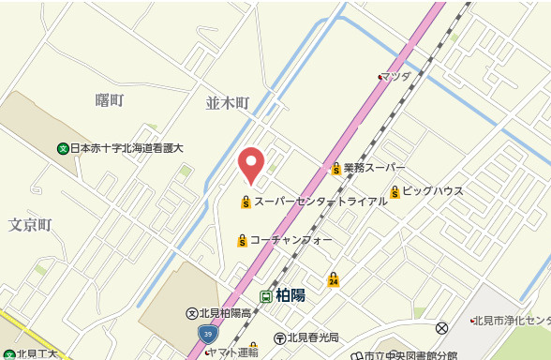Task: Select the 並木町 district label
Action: (228, 103)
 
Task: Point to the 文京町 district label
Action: (29, 225)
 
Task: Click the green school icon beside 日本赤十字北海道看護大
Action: (63, 148)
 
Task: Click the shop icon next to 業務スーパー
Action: (335, 169)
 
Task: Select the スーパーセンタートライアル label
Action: (319, 201)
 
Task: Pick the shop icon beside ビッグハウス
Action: (395, 192)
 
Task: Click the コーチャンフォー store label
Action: (290, 240)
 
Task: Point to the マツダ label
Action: (396, 77)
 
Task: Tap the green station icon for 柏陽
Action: (267, 295)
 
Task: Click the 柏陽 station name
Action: (290, 295)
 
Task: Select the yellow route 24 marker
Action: (334, 279)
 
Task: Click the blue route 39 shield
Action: (207, 333)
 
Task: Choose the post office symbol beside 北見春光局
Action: (279, 337)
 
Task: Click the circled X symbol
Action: (442, 327)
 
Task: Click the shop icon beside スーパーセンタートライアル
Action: (246, 201)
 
